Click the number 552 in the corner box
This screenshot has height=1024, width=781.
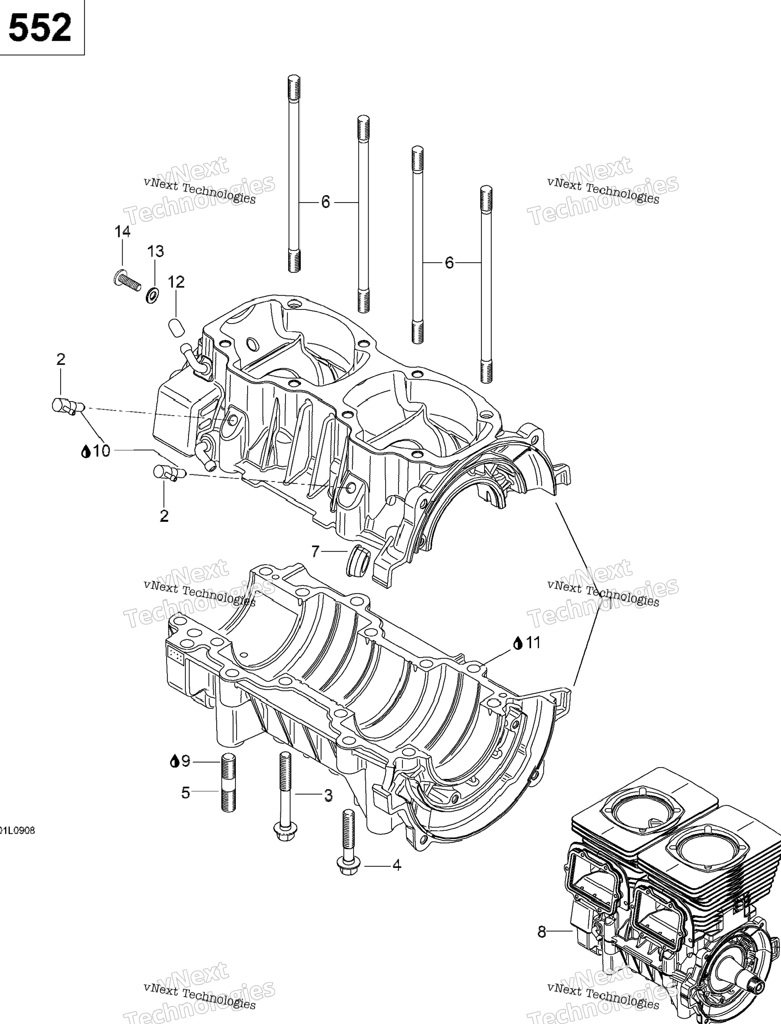pyautogui.click(x=40, y=28)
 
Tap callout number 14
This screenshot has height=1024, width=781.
pyautogui.click(x=123, y=232)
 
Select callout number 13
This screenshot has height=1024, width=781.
pyautogui.click(x=156, y=251)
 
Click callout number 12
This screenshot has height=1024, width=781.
pyautogui.click(x=176, y=282)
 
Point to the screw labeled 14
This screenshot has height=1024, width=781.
pyautogui.click(x=127, y=280)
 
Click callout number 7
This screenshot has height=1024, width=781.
pyautogui.click(x=315, y=552)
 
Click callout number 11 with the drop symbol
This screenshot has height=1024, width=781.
pyautogui.click(x=527, y=643)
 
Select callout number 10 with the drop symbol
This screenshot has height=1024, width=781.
pyautogui.click(x=96, y=451)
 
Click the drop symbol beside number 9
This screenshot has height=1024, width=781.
pyautogui.click(x=175, y=761)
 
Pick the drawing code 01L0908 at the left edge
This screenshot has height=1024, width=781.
pyautogui.click(x=18, y=830)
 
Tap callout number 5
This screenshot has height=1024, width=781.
pyautogui.click(x=185, y=792)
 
